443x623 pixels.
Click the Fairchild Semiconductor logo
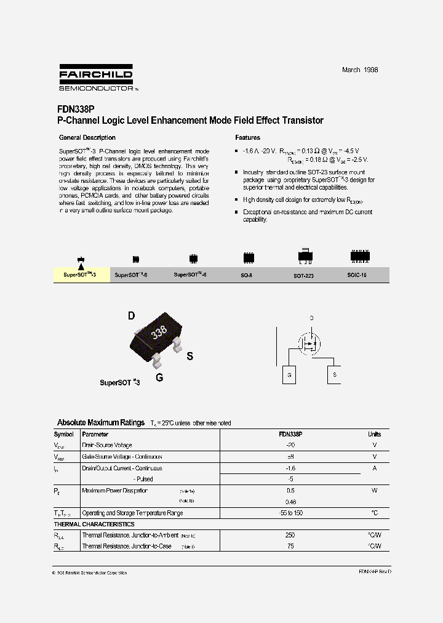[x=96, y=78]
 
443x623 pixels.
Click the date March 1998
[x=360, y=70]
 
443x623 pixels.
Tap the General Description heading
[x=87, y=138]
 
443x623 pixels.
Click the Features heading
[x=247, y=138]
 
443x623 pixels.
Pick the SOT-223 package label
[x=303, y=276]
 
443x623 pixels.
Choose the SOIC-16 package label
[x=356, y=275]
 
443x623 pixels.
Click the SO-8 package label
[x=247, y=275]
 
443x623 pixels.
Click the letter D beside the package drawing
[x=131, y=316]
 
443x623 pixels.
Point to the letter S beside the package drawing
[x=190, y=356]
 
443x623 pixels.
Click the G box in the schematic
[x=289, y=375]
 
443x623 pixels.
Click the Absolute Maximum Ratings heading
[x=100, y=423]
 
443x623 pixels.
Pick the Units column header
[x=374, y=434]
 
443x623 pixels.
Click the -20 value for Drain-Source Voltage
[x=290, y=444]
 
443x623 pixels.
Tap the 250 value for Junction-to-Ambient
[x=290, y=535]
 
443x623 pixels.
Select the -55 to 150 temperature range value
[x=290, y=513]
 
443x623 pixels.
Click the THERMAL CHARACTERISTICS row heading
[x=94, y=525]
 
